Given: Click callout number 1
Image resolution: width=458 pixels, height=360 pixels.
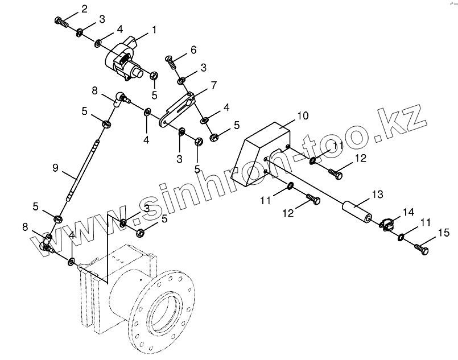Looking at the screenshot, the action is pyautogui.click(x=154, y=29).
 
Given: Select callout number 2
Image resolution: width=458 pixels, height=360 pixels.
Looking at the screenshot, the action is pyautogui.click(x=84, y=9).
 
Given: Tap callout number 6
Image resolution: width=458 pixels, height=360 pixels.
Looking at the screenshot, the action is pyautogui.click(x=193, y=50).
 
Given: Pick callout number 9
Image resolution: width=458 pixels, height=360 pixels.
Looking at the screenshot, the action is pyautogui.click(x=55, y=167).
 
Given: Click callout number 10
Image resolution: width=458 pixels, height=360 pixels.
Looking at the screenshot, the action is pyautogui.click(x=303, y=115).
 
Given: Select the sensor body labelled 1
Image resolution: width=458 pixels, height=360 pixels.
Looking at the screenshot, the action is pyautogui.click(x=126, y=59).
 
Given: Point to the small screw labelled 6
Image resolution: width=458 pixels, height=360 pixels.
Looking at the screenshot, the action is pyautogui.click(x=170, y=59).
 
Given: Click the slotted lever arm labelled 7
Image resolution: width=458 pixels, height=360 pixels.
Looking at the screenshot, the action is pyautogui.click(x=179, y=106).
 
